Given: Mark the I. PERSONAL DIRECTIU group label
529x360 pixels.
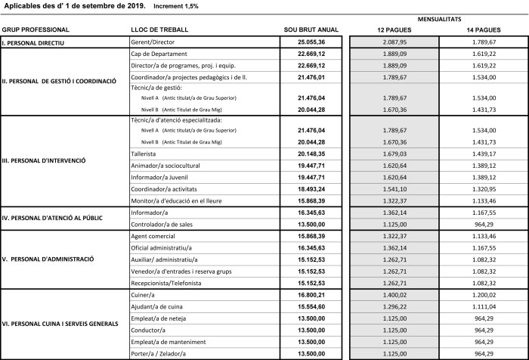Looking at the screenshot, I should pos(36,43).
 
